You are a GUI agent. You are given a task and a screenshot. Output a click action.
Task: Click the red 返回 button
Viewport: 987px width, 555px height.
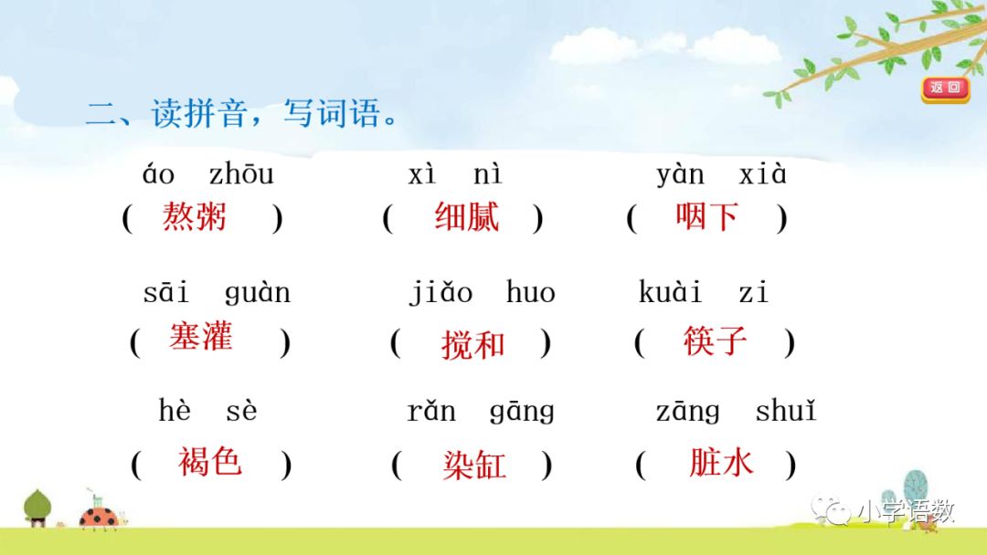pyautogui.click(x=945, y=89)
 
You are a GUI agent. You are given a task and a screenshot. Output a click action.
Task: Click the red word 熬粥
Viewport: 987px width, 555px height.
pyautogui.click(x=195, y=217)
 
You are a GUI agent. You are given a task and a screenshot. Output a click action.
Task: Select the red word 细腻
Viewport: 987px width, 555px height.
pyautogui.click(x=467, y=217)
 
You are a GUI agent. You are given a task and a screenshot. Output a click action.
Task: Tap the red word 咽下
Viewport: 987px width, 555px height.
pyautogui.click(x=706, y=216)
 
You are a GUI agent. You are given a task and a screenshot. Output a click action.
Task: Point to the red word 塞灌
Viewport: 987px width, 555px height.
pyautogui.click(x=200, y=337)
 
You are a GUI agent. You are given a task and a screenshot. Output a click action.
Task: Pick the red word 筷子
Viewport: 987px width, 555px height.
pyautogui.click(x=715, y=340)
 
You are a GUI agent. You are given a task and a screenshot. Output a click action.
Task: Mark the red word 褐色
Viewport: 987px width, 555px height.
pyautogui.click(x=209, y=462)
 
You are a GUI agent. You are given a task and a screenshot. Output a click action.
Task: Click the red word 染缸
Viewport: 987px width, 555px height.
pyautogui.click(x=473, y=466)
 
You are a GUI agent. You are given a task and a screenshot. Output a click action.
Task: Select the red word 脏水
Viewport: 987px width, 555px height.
pyautogui.click(x=721, y=463)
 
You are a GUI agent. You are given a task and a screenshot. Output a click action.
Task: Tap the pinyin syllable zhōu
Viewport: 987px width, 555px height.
pyautogui.click(x=241, y=173)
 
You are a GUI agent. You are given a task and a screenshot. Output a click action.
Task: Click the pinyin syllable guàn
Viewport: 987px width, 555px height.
pyautogui.click(x=257, y=293)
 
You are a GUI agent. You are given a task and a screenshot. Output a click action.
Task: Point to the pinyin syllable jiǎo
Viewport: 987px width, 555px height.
pyautogui.click(x=440, y=293)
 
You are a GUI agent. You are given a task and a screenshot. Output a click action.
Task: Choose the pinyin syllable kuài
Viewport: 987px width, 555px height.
pyautogui.click(x=670, y=293)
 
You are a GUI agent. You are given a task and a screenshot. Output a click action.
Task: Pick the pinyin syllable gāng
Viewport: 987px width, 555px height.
pyautogui.click(x=522, y=412)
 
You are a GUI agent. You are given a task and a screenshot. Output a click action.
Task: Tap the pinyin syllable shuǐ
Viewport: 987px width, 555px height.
pyautogui.click(x=785, y=412)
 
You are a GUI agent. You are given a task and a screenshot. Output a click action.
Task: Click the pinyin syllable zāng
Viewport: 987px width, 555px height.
pyautogui.click(x=687, y=412)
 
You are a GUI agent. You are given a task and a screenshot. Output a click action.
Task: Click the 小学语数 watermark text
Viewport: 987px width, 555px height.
pyautogui.click(x=905, y=511)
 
